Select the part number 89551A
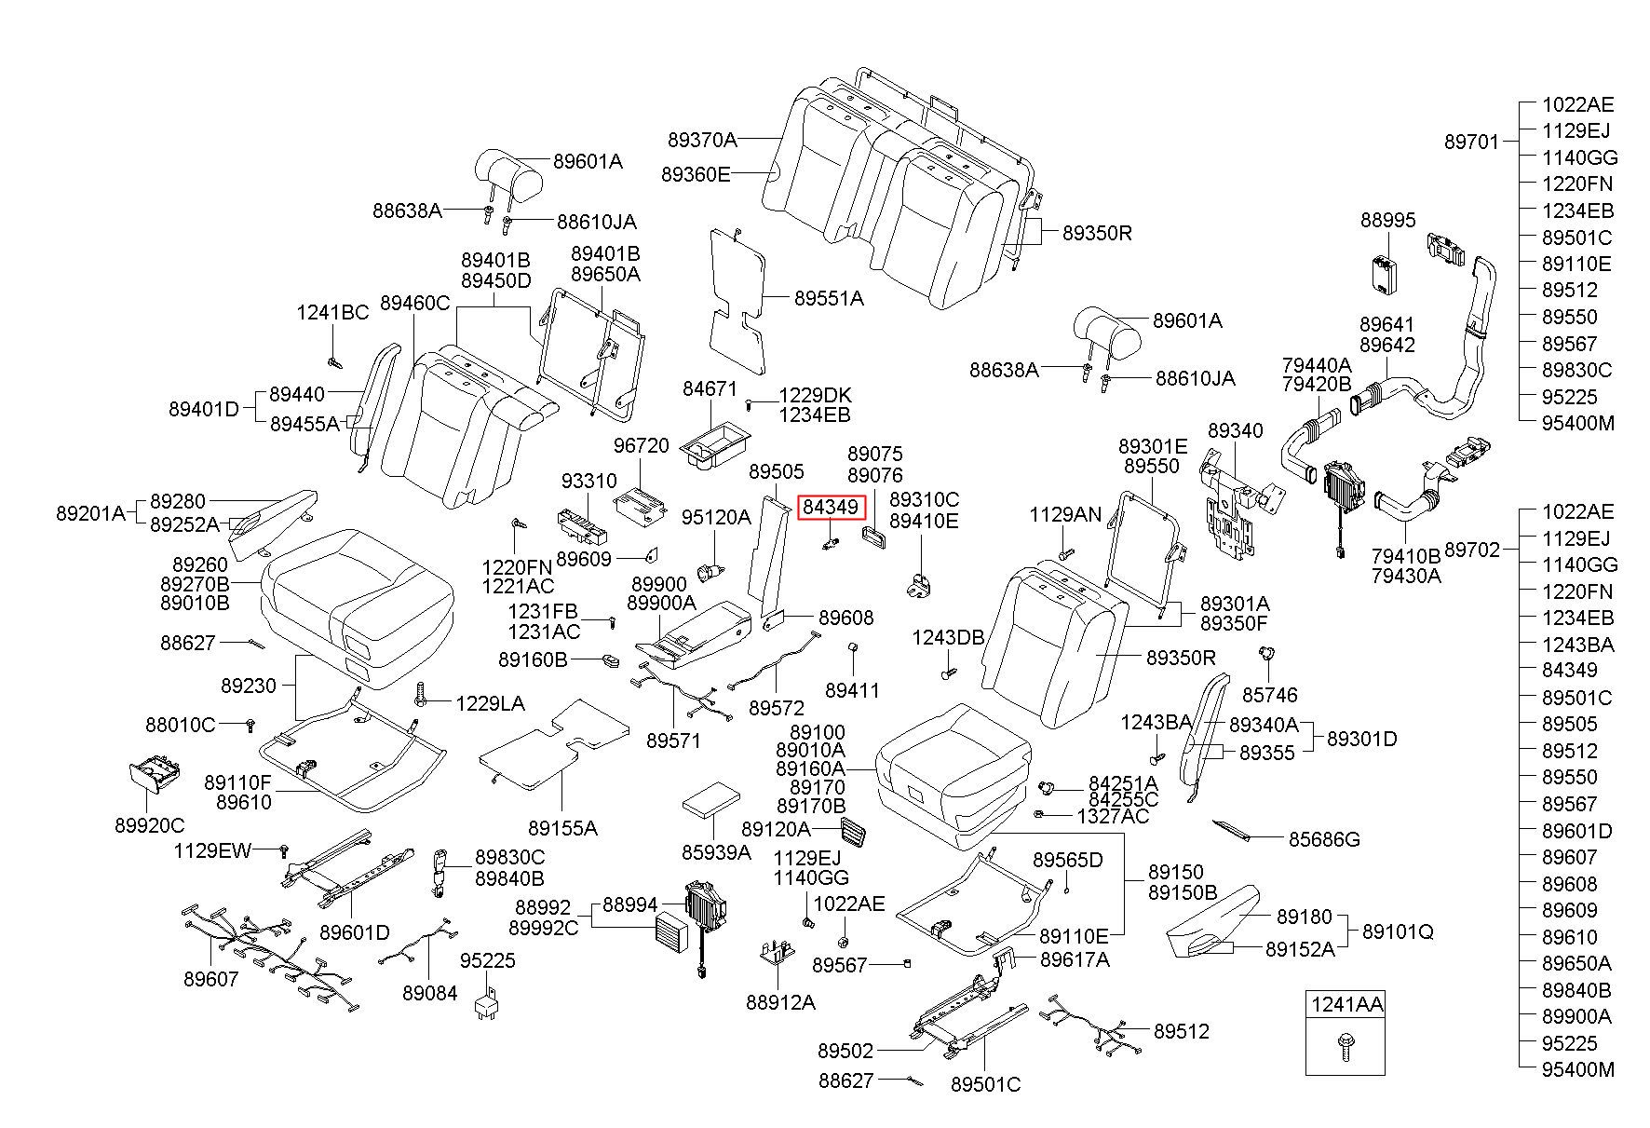coord(829,299)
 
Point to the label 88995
coord(1387,221)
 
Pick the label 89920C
coord(150,825)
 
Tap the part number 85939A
coord(716,852)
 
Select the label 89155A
coord(563,828)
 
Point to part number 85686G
coord(1324,840)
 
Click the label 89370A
coord(702,141)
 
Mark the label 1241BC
coord(333,313)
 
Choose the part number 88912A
coord(780,1002)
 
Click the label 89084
coord(430,993)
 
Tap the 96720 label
coord(642,446)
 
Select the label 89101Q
coord(1398,931)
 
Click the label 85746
coord(1270,695)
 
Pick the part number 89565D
coord(1067,860)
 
